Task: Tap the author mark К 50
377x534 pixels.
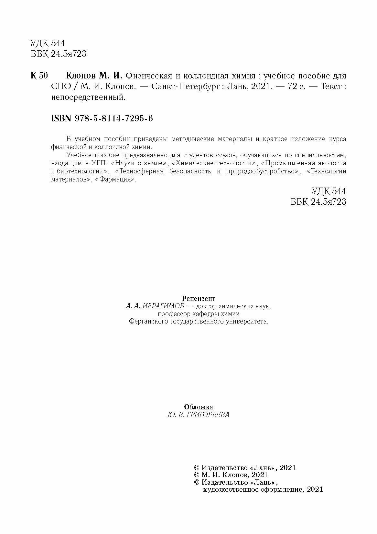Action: pos(39,76)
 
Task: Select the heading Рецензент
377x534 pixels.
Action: pos(199,298)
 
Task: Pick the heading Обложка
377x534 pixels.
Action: pos(198,407)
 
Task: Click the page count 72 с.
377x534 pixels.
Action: pos(294,87)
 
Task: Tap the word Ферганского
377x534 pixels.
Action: pos(148,322)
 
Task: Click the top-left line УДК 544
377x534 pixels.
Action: pos(48,43)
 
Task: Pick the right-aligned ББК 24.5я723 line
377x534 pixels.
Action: pos(318,202)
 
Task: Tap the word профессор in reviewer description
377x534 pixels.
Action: pos(176,314)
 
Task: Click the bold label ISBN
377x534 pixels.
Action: pos(61,119)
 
